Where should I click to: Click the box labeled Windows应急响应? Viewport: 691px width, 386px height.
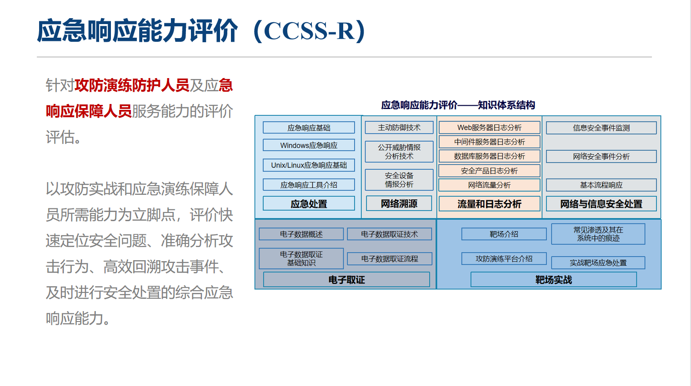pos(309,145)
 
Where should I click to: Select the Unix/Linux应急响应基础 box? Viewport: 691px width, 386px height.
pos(309,165)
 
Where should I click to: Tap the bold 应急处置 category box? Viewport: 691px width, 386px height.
pos(309,203)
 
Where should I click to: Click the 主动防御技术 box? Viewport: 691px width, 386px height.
pos(399,128)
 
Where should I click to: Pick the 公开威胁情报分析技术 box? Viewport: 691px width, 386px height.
pos(399,152)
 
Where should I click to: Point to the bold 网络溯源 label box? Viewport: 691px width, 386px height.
pos(399,203)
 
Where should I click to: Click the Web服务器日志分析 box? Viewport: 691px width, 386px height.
pos(489,128)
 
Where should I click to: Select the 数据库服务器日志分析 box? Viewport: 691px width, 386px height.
pos(489,156)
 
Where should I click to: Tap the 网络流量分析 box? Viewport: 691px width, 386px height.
pos(489,185)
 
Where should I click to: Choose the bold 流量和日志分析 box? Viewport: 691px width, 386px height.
pos(489,203)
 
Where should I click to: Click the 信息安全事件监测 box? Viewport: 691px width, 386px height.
pos(601,128)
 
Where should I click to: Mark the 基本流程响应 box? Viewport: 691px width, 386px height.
pos(601,185)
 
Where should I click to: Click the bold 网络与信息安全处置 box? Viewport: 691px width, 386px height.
pos(601,203)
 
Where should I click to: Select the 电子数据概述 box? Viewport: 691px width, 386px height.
pos(301,234)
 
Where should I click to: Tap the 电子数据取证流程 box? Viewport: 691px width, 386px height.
pos(390,259)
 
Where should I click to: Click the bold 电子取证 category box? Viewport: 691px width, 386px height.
pos(346,280)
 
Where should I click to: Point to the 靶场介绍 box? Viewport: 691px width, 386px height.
pos(504,234)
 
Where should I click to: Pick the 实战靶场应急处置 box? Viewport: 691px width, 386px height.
pos(598,263)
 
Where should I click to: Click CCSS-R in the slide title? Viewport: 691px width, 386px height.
pos(310,31)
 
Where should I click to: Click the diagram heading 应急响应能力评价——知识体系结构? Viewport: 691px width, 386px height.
pos(458,105)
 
